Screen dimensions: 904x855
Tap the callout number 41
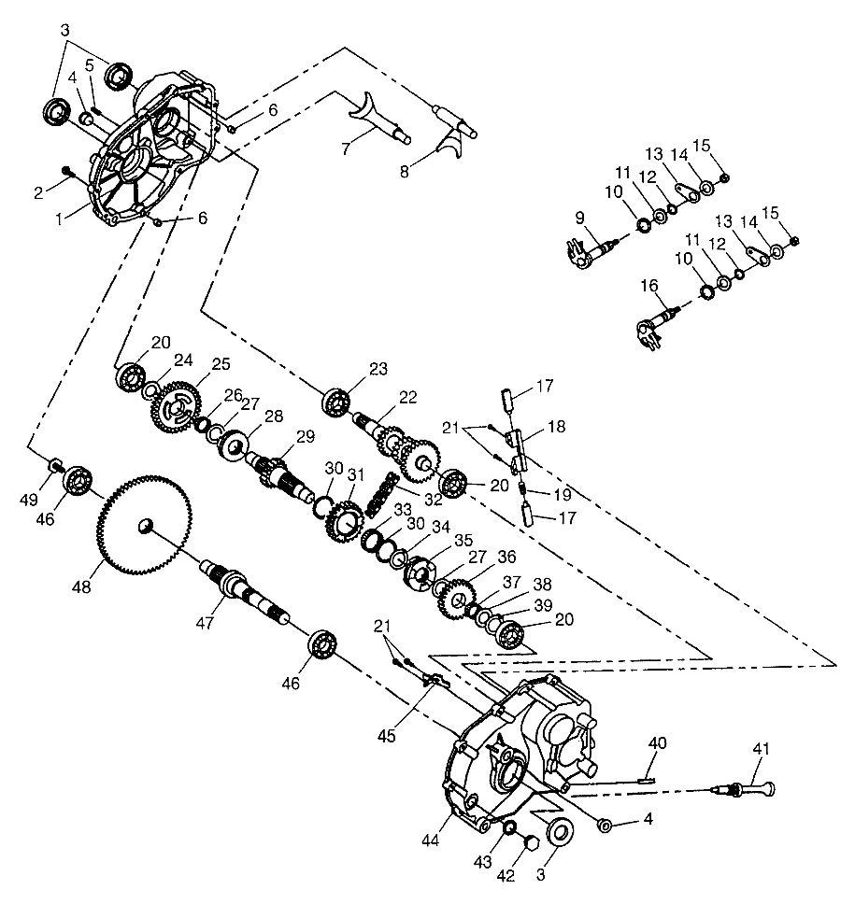point(763,747)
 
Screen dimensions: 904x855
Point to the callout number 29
point(306,436)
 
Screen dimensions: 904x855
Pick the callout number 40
point(658,743)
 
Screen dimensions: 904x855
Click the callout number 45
point(387,736)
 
